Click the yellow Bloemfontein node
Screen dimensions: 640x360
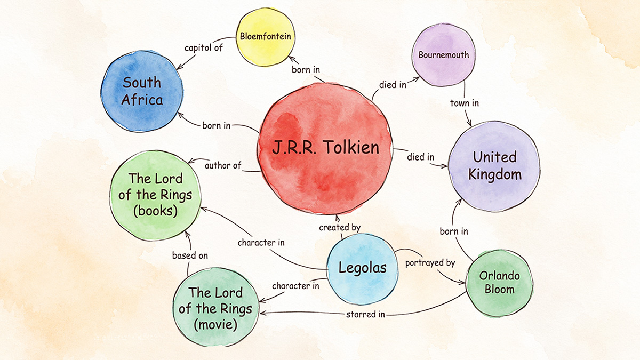(266, 37)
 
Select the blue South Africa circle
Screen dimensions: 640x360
(142, 91)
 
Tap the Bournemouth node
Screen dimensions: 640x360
(443, 55)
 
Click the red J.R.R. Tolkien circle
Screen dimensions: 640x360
(325, 149)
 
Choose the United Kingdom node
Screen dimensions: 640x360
(494, 166)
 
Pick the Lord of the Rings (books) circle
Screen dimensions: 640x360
(155, 195)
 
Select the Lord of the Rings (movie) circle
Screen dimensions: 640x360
(215, 307)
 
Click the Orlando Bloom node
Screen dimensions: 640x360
(499, 283)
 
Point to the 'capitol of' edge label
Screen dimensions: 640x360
(203, 47)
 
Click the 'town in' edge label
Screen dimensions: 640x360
(465, 103)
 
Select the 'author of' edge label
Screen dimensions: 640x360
(223, 165)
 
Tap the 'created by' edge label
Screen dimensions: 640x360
(340, 227)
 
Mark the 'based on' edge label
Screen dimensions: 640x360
(190, 255)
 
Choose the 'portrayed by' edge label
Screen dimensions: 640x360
(430, 263)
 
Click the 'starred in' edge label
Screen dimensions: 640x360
(365, 315)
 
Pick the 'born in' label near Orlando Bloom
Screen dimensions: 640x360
(454, 231)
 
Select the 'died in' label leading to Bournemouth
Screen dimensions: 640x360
(393, 85)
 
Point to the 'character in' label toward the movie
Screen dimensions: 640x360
(295, 286)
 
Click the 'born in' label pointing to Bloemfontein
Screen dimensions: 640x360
(306, 69)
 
